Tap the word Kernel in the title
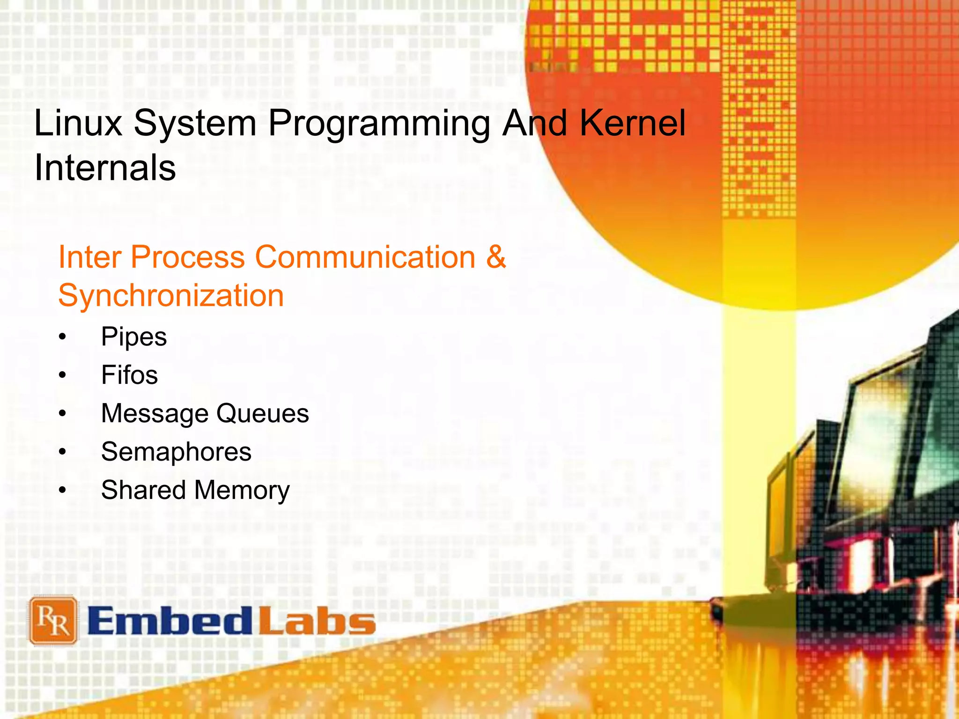[x=633, y=123]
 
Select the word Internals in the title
[x=105, y=168]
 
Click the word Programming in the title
[x=379, y=124]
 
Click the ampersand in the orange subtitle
[x=496, y=257]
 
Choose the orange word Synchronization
[x=171, y=296]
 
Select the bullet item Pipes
[x=134, y=337]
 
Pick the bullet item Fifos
[x=129, y=375]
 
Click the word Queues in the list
[x=262, y=414]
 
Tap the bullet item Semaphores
[x=176, y=452]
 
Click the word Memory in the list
[x=242, y=491]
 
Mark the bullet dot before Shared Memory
[x=63, y=491]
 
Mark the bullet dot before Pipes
[x=63, y=337]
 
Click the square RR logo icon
[x=53, y=621]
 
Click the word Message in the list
[x=155, y=414]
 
